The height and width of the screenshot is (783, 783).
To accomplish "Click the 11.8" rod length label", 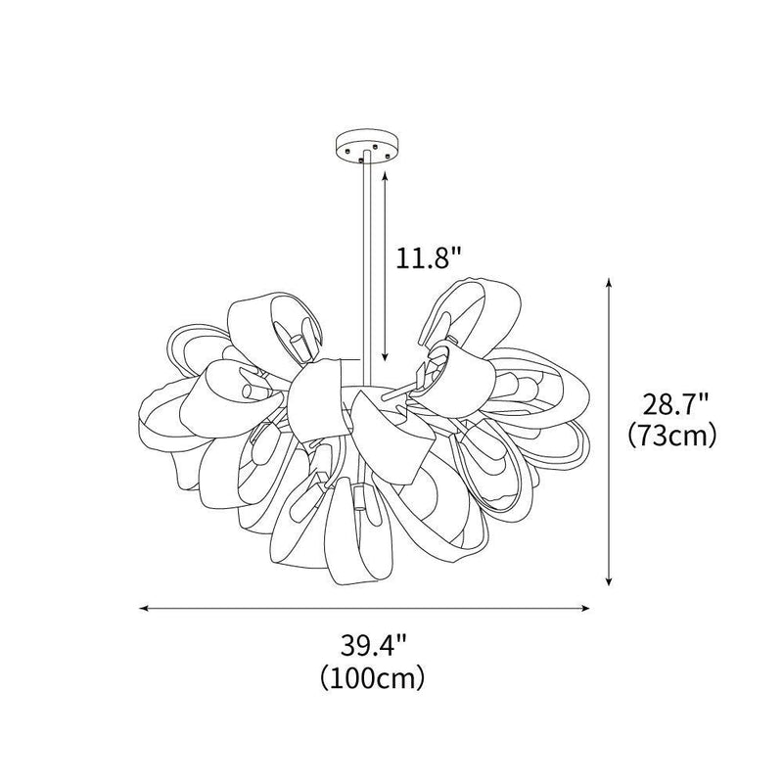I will click(429, 259).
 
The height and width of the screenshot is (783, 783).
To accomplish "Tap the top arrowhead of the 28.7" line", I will click(610, 282).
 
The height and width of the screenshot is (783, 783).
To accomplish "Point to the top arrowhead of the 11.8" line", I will click(386, 172).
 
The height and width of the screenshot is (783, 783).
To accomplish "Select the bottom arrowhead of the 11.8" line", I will click(386, 358).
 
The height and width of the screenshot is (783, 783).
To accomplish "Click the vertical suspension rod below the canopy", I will click(366, 264).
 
